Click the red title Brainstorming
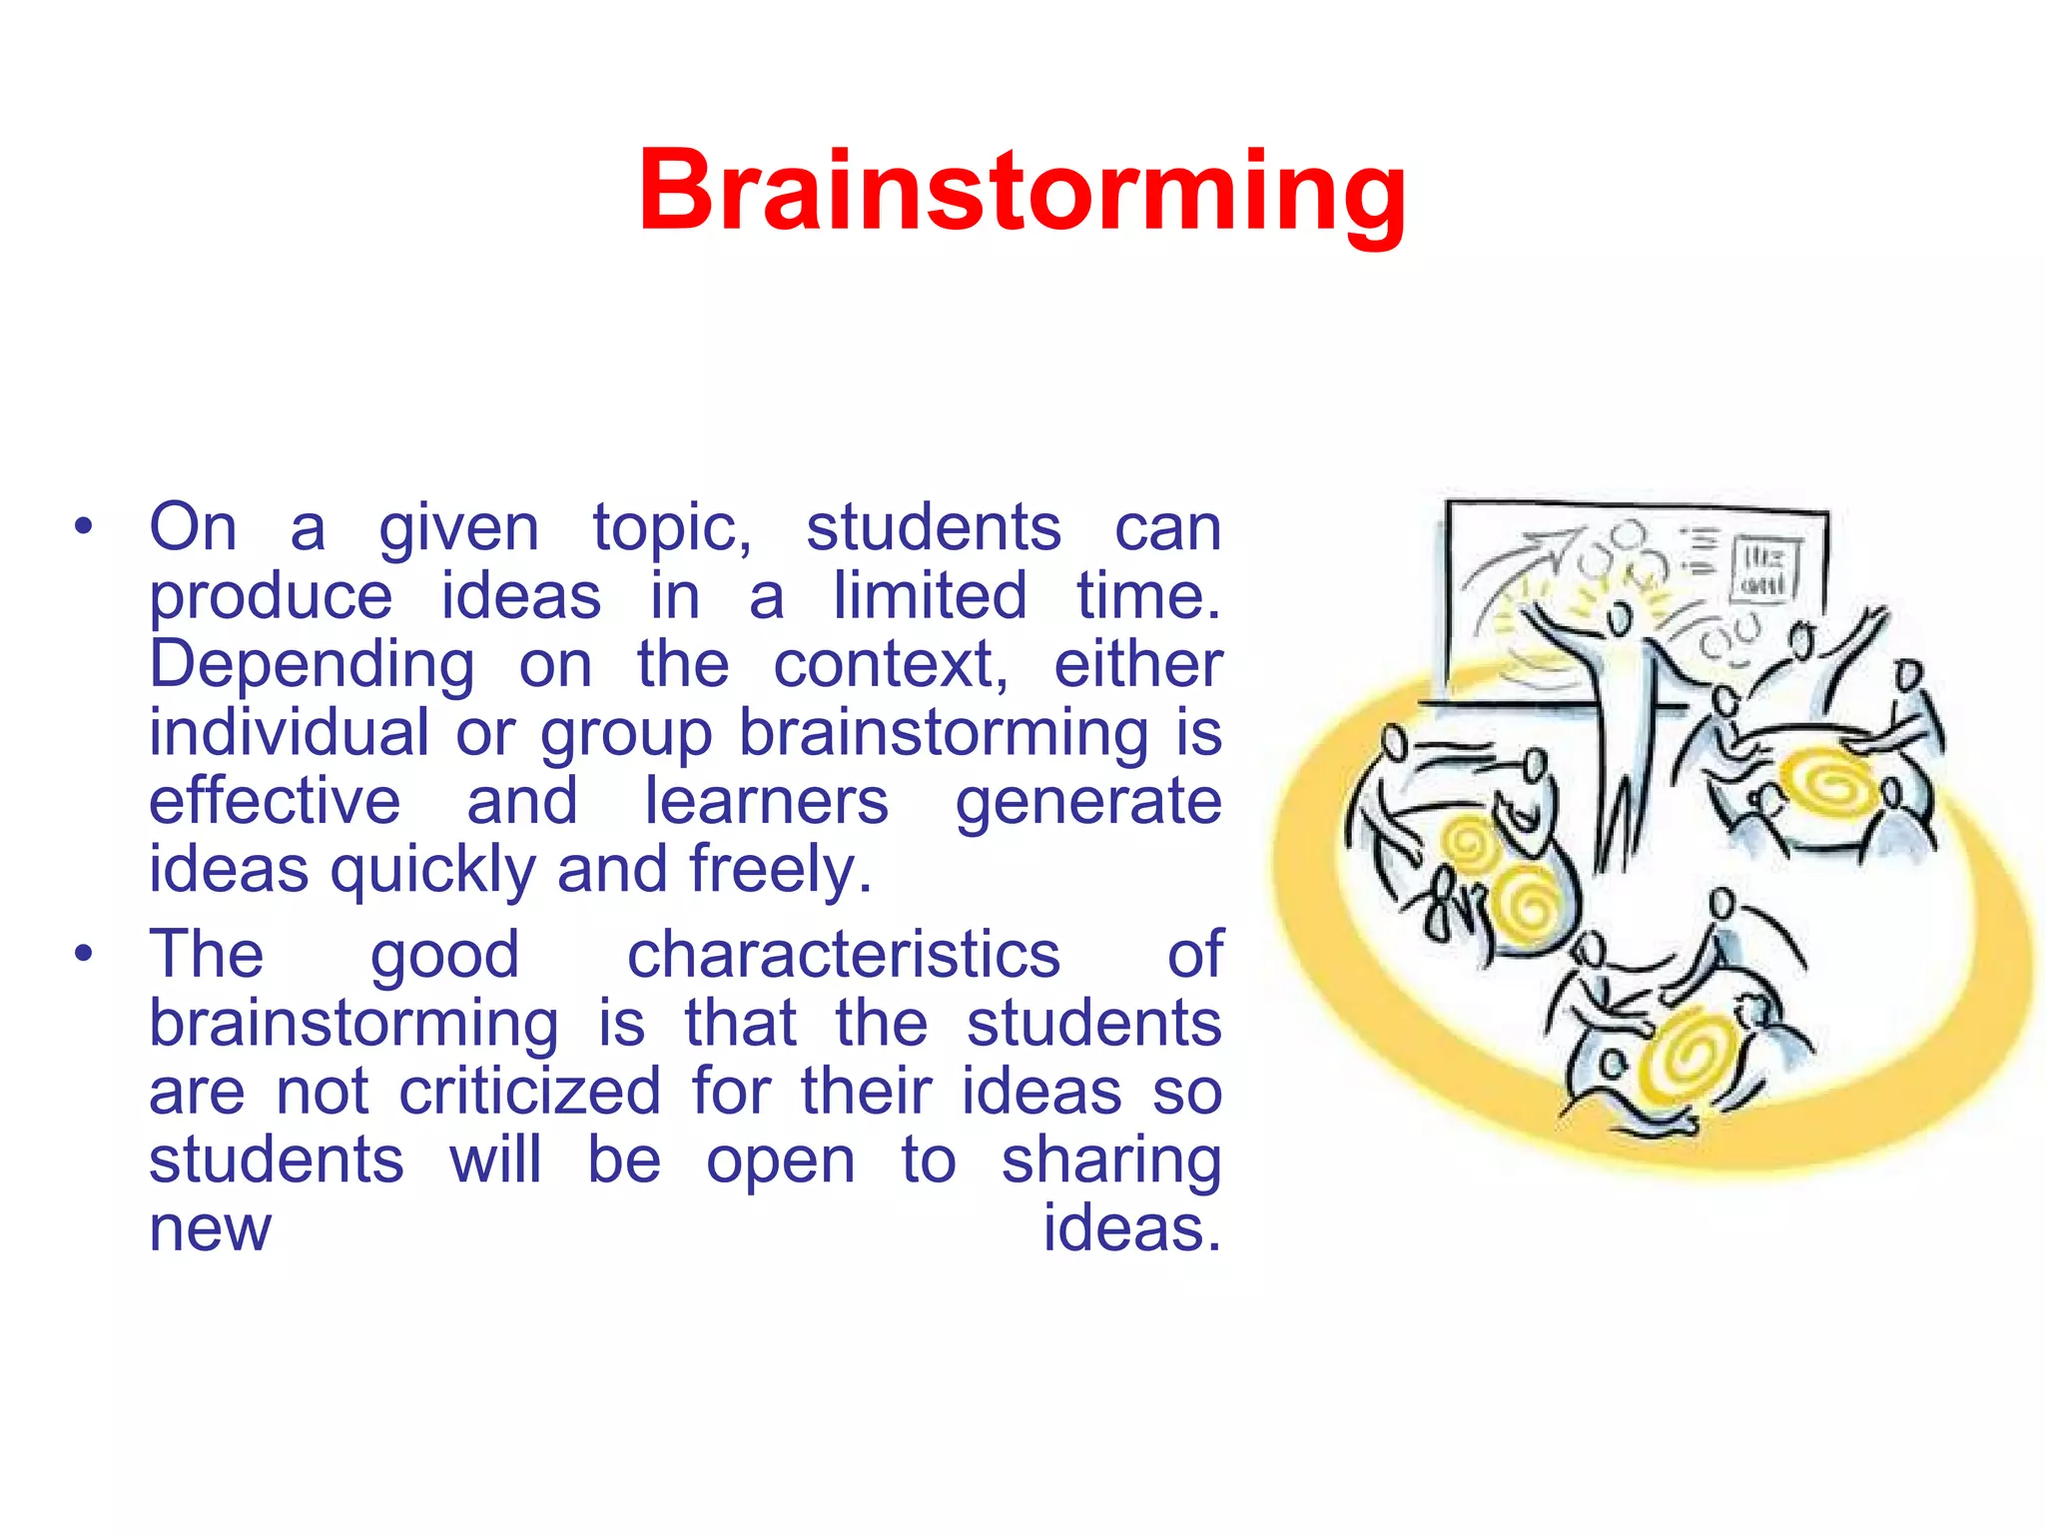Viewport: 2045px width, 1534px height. tap(1022, 192)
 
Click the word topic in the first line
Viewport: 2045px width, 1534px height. tap(671, 528)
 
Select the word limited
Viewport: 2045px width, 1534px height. tap(930, 596)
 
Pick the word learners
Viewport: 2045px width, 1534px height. tap(766, 802)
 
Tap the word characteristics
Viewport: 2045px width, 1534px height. tap(843, 956)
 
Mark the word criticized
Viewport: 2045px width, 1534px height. tap(530, 1092)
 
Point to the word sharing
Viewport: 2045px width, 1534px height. tap(1111, 1161)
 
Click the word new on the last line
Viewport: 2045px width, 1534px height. tap(210, 1228)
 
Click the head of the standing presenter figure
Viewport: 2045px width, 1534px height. tap(1620, 620)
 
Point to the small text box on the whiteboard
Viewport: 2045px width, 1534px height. tap(1764, 569)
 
